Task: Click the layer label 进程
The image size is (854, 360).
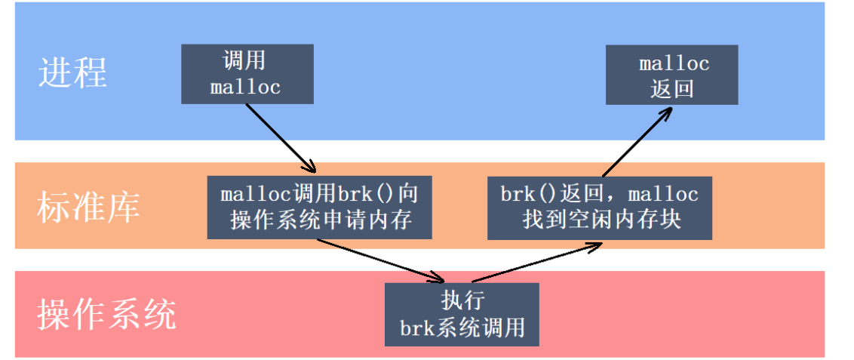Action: [73, 72]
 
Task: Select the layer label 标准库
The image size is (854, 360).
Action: [88, 206]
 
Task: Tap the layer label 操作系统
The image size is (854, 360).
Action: [106, 314]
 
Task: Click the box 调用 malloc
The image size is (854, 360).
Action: [245, 74]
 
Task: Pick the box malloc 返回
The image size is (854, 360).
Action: [672, 75]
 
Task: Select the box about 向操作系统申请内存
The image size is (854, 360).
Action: [320, 207]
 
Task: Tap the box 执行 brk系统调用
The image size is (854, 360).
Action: [462, 314]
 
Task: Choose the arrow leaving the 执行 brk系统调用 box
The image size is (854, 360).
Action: [536, 261]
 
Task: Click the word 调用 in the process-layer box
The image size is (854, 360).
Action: [245, 61]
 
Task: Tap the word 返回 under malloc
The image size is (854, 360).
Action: [672, 89]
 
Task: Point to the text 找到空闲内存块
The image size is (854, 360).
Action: [600, 220]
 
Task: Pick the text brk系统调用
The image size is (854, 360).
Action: [462, 328]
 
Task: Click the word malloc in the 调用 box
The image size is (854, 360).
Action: [245, 88]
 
